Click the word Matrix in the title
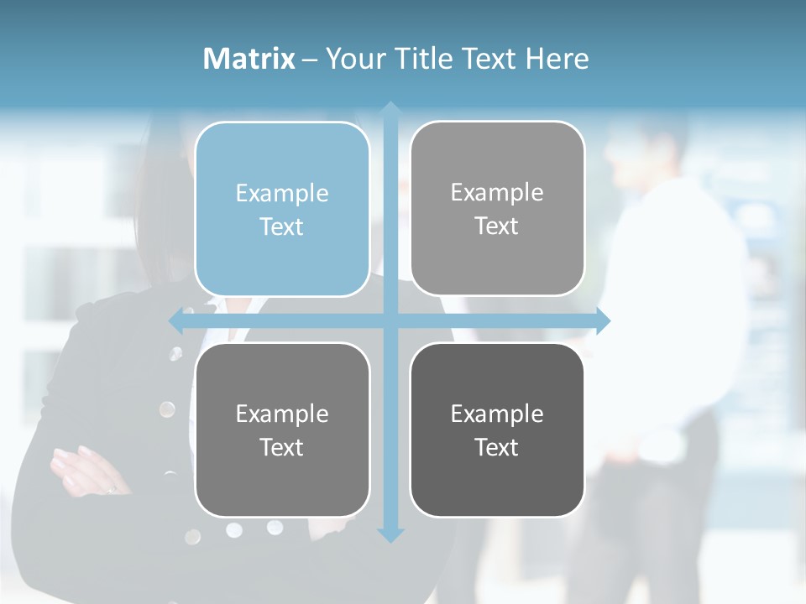click(x=249, y=59)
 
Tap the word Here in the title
click(x=557, y=59)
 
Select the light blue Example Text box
click(x=282, y=209)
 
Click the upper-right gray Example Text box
click(x=497, y=208)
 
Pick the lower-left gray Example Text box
click(x=282, y=430)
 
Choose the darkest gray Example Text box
click(x=497, y=430)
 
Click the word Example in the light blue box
click(x=282, y=194)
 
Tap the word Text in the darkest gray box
click(x=497, y=447)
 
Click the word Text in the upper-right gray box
click(x=497, y=226)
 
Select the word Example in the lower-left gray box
click(x=282, y=414)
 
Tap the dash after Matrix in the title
click(x=310, y=60)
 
